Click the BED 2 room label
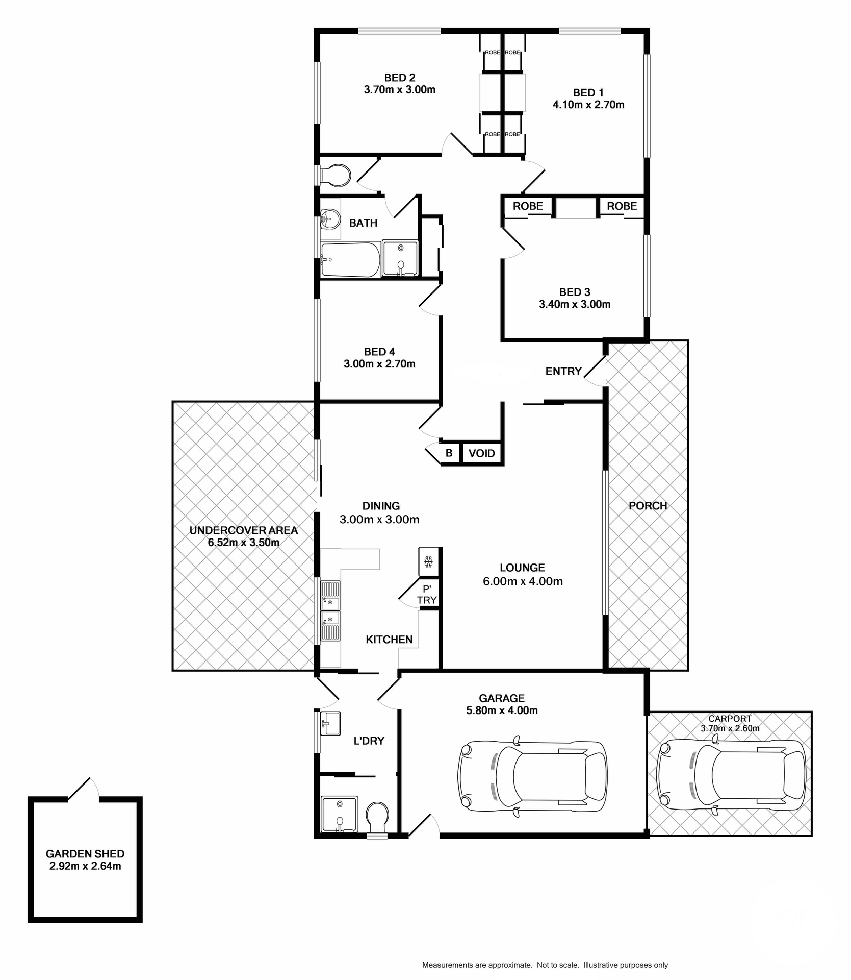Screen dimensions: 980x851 (399, 78)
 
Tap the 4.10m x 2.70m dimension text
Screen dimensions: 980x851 (588, 105)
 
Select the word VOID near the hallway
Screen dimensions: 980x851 (481, 453)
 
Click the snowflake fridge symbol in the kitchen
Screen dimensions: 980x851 (429, 562)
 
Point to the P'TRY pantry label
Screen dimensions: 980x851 (427, 595)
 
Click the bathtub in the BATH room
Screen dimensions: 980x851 (350, 259)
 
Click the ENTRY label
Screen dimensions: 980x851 (563, 371)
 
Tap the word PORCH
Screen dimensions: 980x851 (648, 505)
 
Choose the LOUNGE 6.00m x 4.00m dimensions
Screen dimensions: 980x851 (522, 581)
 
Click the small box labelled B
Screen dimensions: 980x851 (449, 453)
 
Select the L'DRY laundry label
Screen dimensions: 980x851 (369, 741)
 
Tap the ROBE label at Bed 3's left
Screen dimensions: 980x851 (528, 206)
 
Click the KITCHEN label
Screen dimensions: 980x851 (389, 640)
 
